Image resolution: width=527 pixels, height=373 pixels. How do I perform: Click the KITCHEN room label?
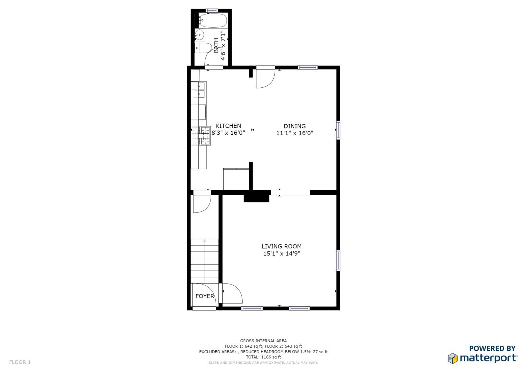click(x=228, y=126)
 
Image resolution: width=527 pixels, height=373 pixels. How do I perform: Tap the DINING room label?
click(x=294, y=126)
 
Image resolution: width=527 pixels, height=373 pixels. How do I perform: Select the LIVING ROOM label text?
click(x=282, y=246)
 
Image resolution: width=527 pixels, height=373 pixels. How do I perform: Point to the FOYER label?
click(x=205, y=296)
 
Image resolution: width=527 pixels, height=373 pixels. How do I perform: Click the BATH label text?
click(x=216, y=46)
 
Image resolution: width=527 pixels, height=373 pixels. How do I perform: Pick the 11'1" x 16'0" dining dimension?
click(x=294, y=133)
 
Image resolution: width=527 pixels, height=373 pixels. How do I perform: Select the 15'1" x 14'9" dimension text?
click(x=282, y=254)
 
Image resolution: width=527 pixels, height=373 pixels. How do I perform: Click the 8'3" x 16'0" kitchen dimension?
click(x=228, y=133)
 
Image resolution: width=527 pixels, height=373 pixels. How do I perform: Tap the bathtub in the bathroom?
click(x=213, y=20)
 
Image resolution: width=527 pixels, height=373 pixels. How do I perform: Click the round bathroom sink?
click(x=200, y=35)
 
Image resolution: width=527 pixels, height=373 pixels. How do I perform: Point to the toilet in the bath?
click(x=203, y=48)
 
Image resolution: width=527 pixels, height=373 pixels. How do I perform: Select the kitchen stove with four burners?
click(x=201, y=136)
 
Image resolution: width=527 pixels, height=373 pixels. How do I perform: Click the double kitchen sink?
click(x=198, y=90)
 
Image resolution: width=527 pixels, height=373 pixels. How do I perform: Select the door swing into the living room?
click(x=233, y=293)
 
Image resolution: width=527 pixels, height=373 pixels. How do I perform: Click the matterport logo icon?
click(x=453, y=358)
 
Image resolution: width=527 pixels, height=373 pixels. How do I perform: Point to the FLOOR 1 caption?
click(x=20, y=362)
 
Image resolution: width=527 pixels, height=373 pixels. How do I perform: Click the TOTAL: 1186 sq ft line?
click(x=263, y=357)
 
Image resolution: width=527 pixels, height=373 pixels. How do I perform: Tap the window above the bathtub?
click(x=212, y=11)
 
